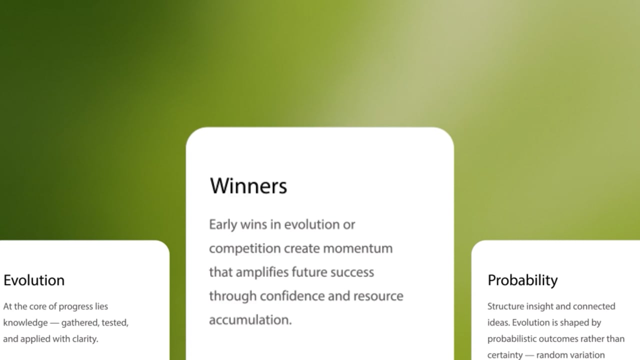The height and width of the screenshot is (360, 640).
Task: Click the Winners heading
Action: pos(248,186)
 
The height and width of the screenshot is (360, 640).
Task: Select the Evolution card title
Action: pos(34,280)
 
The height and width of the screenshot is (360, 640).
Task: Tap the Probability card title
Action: pos(522,280)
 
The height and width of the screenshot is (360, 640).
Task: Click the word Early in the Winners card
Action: pos(223,225)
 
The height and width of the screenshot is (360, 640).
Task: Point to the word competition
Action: pos(245,248)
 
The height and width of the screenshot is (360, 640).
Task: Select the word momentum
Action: pos(358,248)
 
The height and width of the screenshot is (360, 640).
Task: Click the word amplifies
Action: pos(262,272)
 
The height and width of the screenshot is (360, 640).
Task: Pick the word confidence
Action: pos(292,296)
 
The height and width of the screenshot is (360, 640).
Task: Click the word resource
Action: pos(378,296)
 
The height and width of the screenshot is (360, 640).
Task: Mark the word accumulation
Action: pos(250,320)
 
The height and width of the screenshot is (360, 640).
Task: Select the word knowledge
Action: pos(25,323)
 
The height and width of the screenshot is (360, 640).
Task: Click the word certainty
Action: pos(505,355)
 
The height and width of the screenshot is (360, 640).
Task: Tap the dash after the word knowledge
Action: pos(54,323)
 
